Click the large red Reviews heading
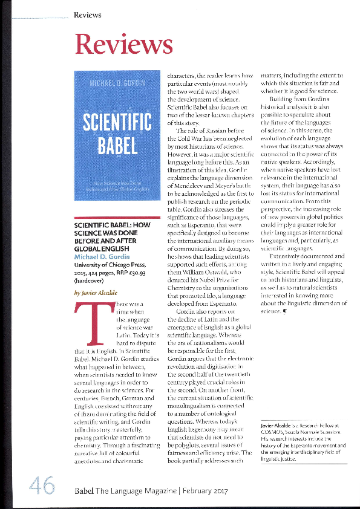[x=123, y=44]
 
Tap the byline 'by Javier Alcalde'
[x=94, y=291]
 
